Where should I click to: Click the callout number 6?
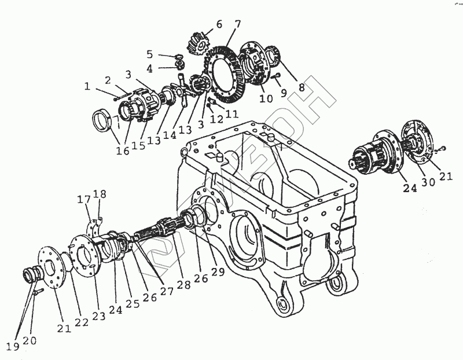(x=219, y=24)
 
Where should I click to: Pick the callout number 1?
(x=87, y=87)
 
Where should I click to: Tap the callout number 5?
(x=150, y=54)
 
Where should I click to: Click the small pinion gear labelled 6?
(x=197, y=42)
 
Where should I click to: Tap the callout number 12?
(x=216, y=120)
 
